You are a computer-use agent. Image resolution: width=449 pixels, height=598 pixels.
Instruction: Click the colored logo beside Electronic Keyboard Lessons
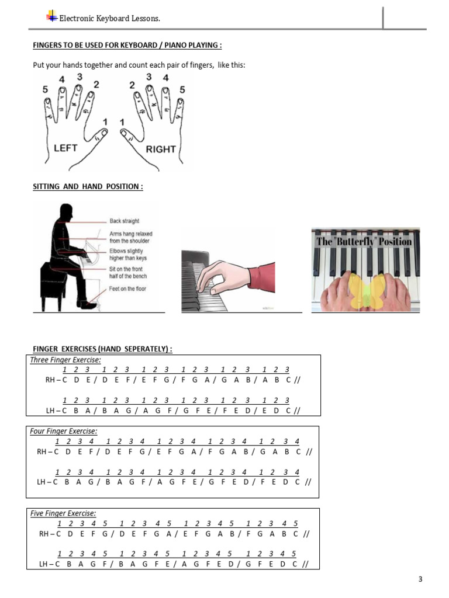tap(51, 16)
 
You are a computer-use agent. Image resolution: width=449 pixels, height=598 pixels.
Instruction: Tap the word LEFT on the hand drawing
tap(65, 148)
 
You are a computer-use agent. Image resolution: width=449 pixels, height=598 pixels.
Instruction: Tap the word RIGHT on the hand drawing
tap(161, 149)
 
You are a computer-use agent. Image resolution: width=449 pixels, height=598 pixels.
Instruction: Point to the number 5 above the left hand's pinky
tap(45, 89)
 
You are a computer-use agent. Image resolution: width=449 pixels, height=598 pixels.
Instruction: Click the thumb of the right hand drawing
tap(127, 135)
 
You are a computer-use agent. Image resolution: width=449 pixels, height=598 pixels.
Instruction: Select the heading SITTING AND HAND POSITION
tap(88, 186)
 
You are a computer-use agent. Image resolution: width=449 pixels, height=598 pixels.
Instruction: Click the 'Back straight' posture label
tap(125, 221)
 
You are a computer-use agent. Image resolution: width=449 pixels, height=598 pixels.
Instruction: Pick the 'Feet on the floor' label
tap(127, 288)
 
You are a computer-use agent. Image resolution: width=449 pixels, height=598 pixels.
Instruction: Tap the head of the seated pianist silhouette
tap(66, 211)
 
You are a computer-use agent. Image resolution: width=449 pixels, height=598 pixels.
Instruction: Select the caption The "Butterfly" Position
tap(364, 241)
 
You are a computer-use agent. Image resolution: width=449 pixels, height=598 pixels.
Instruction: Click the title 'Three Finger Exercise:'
tap(65, 360)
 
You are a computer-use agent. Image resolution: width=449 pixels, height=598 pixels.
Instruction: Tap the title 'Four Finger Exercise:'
tap(63, 431)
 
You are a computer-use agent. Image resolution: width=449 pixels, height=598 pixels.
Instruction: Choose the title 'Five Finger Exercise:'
tap(63, 513)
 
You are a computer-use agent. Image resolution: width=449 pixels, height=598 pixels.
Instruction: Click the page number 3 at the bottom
tap(420, 579)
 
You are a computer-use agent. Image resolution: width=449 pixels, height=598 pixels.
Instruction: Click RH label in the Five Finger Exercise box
tap(44, 534)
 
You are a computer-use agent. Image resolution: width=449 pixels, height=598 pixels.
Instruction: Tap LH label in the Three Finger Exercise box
tap(50, 411)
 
